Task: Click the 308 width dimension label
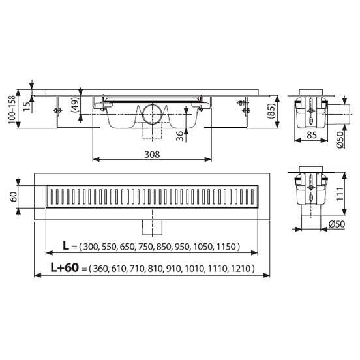pyautogui.click(x=152, y=155)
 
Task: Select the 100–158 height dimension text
pyautogui.click(x=12, y=110)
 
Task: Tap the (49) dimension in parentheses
pyautogui.click(x=75, y=104)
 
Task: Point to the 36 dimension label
pyautogui.click(x=180, y=136)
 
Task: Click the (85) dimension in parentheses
pyautogui.click(x=271, y=111)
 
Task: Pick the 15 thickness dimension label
pyautogui.click(x=26, y=106)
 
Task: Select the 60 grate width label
pyautogui.click(x=13, y=196)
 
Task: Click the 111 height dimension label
pyautogui.click(x=340, y=194)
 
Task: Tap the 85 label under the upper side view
pyautogui.click(x=312, y=135)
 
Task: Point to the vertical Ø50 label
pyautogui.click(x=340, y=140)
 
